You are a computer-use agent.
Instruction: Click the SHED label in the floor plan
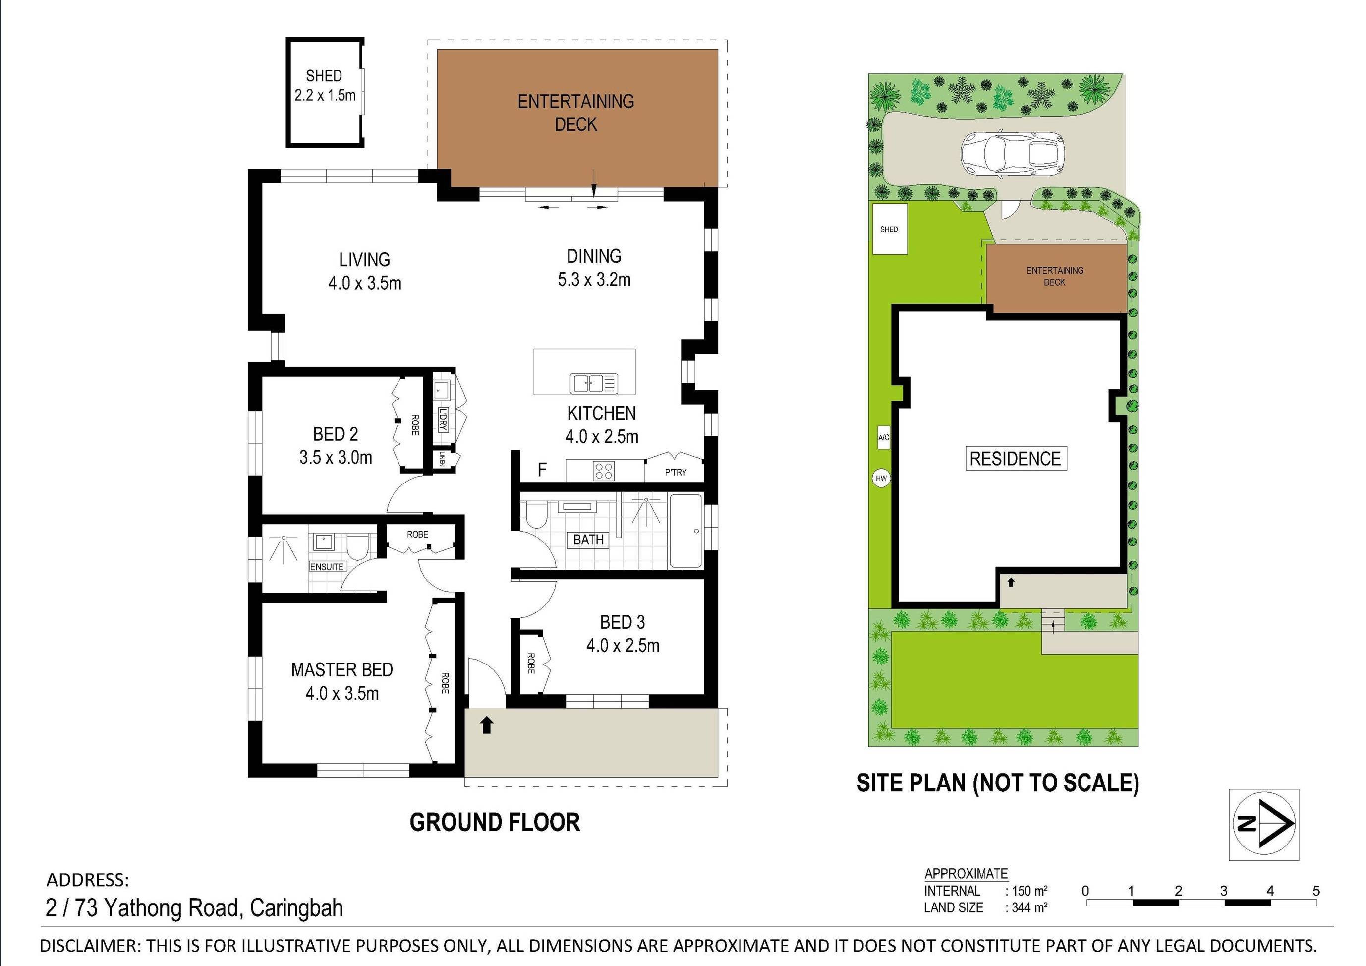point(324,76)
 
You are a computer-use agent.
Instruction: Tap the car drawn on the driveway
point(1012,155)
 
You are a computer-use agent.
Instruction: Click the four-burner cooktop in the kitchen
point(603,471)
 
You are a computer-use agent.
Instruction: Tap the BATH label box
point(588,540)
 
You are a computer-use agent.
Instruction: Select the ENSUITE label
point(327,567)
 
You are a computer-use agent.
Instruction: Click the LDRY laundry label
point(442,419)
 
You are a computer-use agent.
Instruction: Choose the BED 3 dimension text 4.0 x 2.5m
point(623,646)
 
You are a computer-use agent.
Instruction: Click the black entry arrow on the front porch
point(487,725)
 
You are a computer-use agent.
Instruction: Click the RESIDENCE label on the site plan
point(1015,459)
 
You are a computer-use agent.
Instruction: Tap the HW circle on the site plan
point(881,478)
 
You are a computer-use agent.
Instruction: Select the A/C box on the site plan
point(884,437)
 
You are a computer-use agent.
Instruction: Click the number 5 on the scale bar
point(1316,891)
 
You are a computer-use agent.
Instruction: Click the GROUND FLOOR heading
point(494,823)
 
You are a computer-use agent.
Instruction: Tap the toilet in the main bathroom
point(537,515)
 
